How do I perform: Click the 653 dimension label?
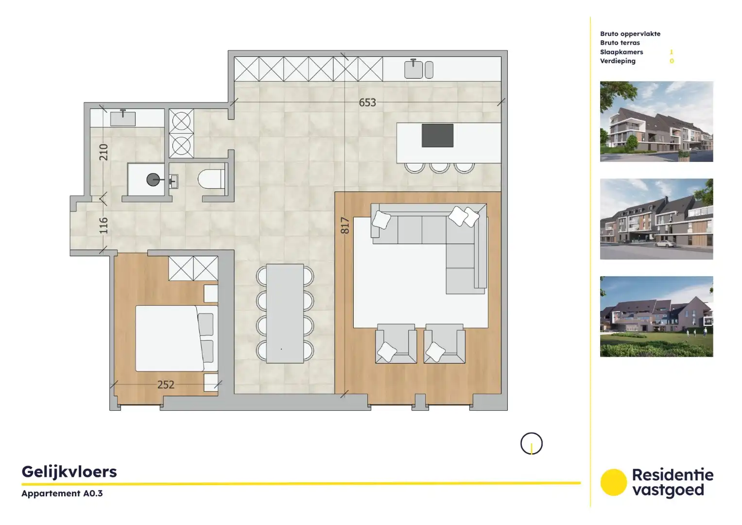pyautogui.click(x=367, y=103)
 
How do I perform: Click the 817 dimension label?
pyautogui.click(x=345, y=226)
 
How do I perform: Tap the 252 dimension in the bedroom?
pyautogui.click(x=166, y=385)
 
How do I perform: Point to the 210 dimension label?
pyautogui.click(x=104, y=152)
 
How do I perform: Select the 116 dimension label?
pyautogui.click(x=104, y=225)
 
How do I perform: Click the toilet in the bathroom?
pyautogui.click(x=211, y=179)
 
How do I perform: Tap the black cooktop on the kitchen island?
pyautogui.click(x=437, y=135)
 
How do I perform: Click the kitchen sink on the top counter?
pyautogui.click(x=414, y=69)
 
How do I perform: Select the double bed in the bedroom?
pyautogui.click(x=170, y=338)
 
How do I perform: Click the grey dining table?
pyautogui.click(x=285, y=313)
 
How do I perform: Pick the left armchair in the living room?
pyautogui.click(x=396, y=344)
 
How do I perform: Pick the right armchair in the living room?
pyautogui.click(x=444, y=344)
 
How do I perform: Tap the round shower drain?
pyautogui.click(x=153, y=180)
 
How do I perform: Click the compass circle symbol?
pyautogui.click(x=531, y=443)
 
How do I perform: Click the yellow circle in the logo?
pyautogui.click(x=613, y=482)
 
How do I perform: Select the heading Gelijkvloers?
pyautogui.click(x=69, y=472)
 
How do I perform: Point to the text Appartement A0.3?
pyautogui.click(x=62, y=493)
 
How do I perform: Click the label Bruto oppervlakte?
pyautogui.click(x=630, y=34)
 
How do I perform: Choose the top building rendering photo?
pyautogui.click(x=656, y=122)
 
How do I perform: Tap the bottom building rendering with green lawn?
pyautogui.click(x=656, y=316)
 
